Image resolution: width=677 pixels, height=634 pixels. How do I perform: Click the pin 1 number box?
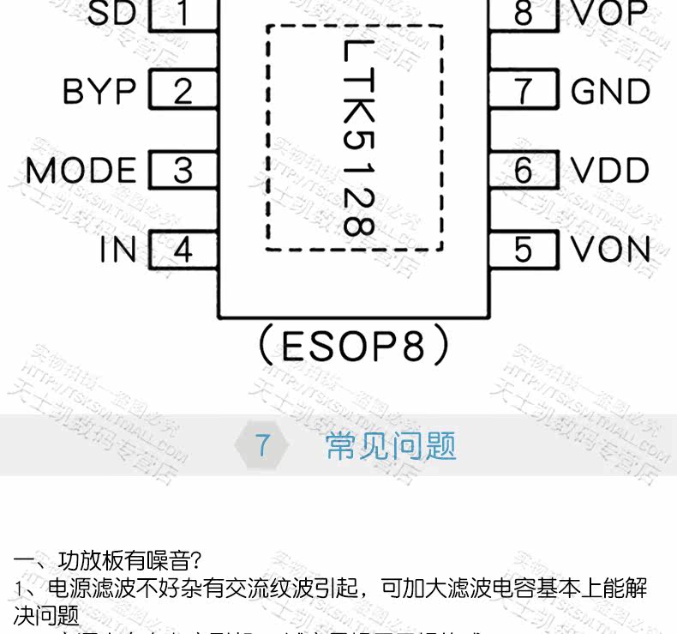[x=183, y=14]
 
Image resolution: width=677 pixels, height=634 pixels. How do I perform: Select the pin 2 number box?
[x=183, y=91]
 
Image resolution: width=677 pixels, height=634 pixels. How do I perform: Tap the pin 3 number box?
[x=183, y=171]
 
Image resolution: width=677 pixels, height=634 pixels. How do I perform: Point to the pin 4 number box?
[x=183, y=251]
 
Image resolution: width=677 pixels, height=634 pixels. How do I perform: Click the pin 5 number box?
[x=524, y=251]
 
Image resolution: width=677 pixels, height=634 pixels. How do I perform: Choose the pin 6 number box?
[x=524, y=171]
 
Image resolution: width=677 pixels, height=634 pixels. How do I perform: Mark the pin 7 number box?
[x=524, y=91]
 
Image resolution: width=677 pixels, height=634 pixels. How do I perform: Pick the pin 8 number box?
[x=524, y=14]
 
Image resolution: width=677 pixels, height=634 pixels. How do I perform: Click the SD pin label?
[x=111, y=14]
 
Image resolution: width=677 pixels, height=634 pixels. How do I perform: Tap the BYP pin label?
[x=99, y=91]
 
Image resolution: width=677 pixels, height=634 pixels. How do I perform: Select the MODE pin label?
[x=81, y=171]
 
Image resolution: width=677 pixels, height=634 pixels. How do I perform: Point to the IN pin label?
[x=117, y=251]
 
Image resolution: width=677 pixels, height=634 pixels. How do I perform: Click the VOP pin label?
[x=610, y=14]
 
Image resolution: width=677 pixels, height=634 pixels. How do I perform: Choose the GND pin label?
[x=610, y=91]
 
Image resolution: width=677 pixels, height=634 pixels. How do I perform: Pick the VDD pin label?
[x=610, y=171]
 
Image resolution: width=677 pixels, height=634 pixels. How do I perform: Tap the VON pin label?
[x=610, y=251]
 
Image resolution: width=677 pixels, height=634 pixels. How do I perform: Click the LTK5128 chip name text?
[x=355, y=137]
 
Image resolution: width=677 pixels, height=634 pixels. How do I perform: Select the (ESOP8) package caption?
[x=354, y=347]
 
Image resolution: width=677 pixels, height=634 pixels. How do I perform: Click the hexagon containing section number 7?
[x=263, y=445]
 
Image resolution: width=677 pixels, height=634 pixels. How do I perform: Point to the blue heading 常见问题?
[x=391, y=445]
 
